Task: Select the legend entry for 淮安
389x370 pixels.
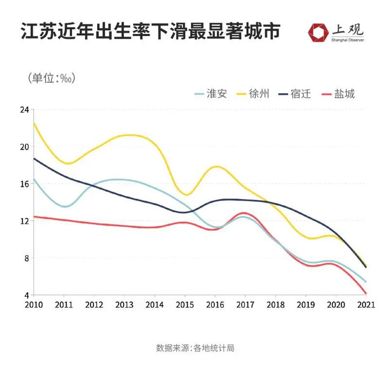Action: (211, 93)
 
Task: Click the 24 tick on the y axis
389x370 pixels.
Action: (24, 110)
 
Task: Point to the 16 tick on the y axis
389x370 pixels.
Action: (24, 184)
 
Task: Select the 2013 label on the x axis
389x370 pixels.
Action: (124, 304)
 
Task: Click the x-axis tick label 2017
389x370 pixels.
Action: (245, 304)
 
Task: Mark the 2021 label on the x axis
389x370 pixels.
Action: (365, 304)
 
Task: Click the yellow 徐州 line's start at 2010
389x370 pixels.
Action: (34, 123)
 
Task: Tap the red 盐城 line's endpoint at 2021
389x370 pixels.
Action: (365, 293)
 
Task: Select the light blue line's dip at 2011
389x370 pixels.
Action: (65, 206)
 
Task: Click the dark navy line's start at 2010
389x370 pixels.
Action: (34, 159)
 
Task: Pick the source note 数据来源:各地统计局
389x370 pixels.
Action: (195, 348)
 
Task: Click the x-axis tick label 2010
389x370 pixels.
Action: (34, 304)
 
